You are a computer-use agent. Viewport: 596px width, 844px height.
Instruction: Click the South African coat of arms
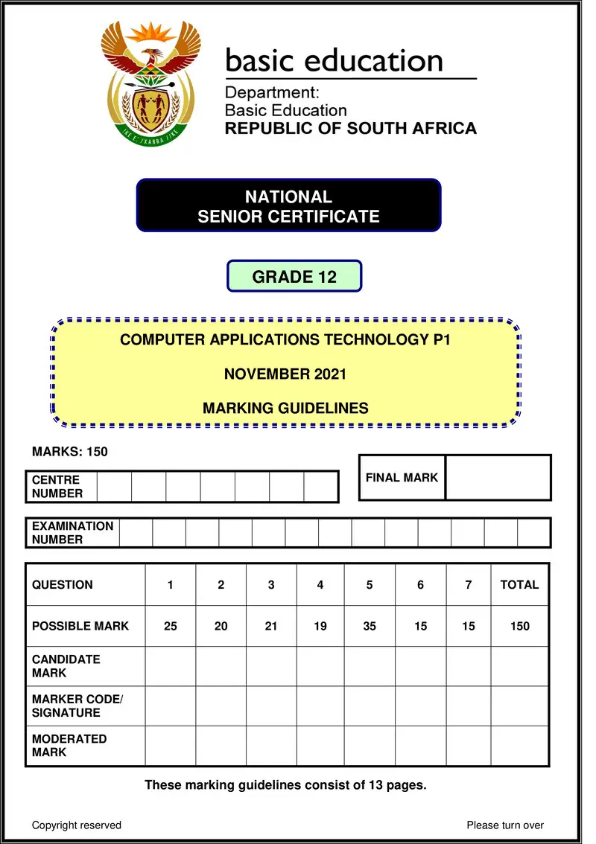click(152, 82)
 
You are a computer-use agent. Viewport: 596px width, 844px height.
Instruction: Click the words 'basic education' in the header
click(334, 60)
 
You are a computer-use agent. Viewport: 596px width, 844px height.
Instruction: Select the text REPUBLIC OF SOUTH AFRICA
click(350, 128)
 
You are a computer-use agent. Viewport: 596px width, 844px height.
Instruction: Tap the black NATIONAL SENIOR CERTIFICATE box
click(288, 206)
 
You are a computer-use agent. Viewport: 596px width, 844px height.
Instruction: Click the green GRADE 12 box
click(294, 277)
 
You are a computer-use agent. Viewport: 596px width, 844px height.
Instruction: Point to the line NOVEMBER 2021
click(285, 374)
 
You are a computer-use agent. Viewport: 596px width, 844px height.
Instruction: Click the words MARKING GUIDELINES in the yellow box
click(285, 408)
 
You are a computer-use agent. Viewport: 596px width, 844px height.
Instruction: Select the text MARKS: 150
click(70, 452)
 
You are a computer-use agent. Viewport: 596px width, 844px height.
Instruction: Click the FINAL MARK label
click(402, 477)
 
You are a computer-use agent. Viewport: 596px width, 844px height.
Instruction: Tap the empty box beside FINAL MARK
click(498, 477)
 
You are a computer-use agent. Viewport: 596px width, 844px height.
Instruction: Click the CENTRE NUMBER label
click(57, 487)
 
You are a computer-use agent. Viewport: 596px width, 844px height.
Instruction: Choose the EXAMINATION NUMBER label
click(72, 533)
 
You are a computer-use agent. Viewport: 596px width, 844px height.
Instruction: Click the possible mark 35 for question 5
click(370, 626)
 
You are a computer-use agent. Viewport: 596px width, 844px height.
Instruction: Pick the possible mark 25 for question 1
click(171, 626)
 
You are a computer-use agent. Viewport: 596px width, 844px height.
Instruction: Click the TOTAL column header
click(519, 584)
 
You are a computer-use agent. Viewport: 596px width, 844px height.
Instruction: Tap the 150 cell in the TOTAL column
click(519, 626)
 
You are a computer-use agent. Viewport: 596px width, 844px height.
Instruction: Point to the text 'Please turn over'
click(505, 825)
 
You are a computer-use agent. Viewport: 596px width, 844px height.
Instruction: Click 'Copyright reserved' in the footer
click(77, 825)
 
